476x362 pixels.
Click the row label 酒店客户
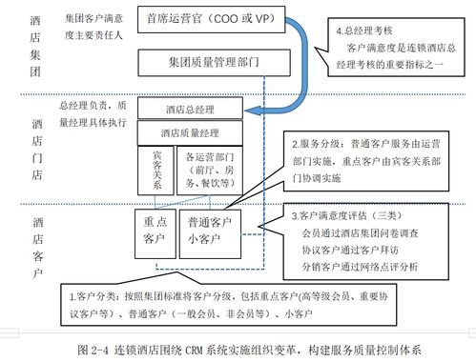tap(36, 246)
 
